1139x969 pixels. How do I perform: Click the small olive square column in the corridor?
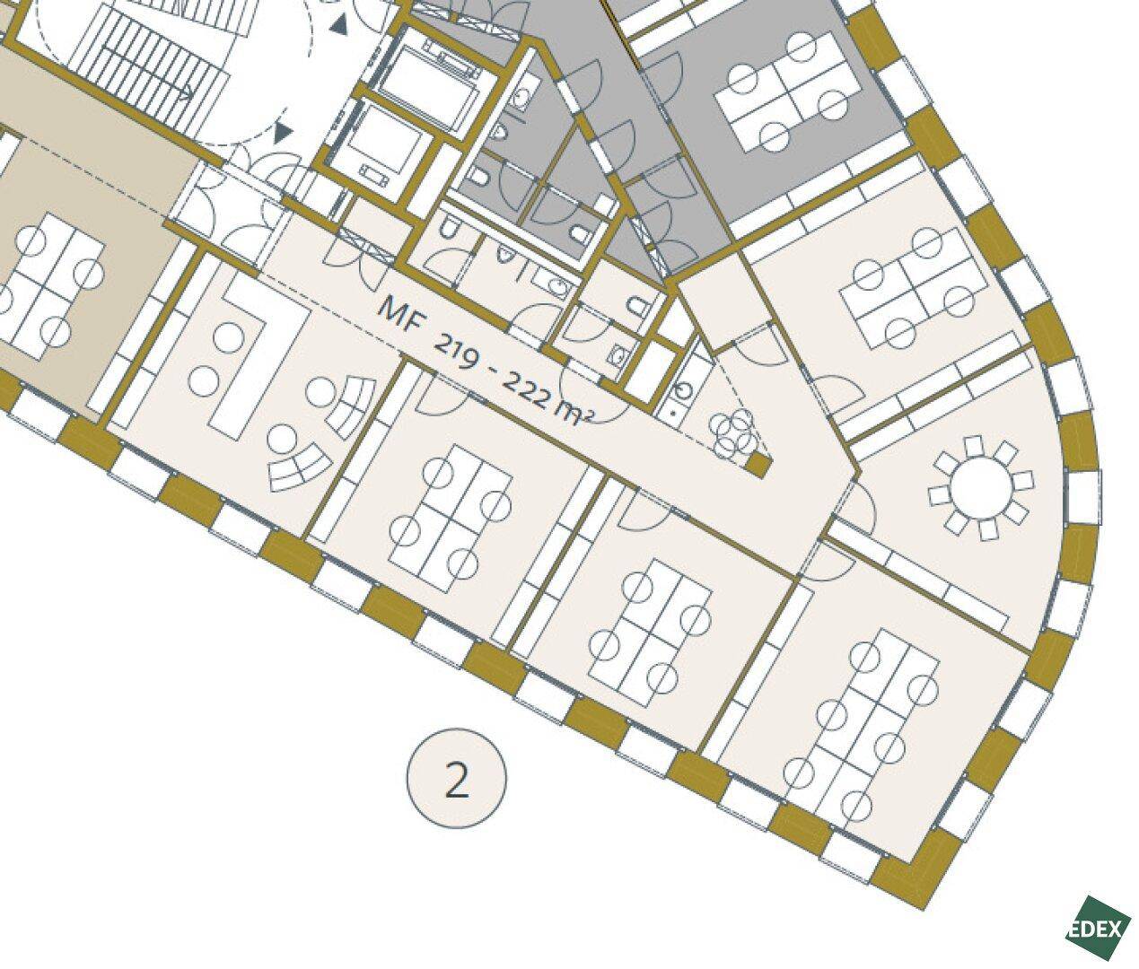[758, 465]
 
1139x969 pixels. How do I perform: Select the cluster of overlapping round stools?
[733, 432]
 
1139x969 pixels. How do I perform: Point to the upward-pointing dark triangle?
[340, 23]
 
